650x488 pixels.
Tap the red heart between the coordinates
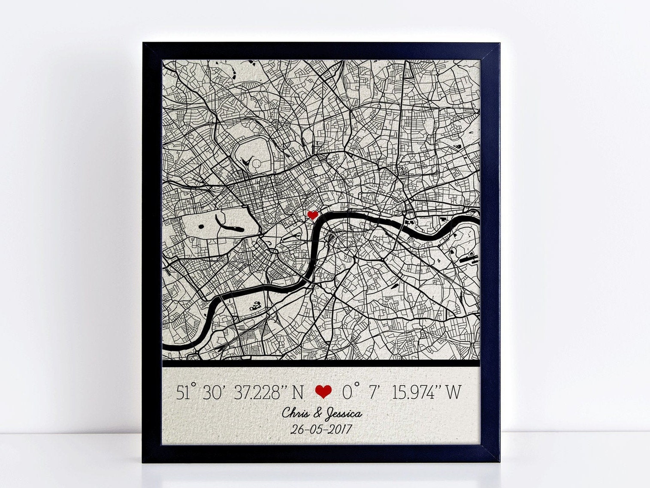pos(323,391)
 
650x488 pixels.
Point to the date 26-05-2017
pos(321,429)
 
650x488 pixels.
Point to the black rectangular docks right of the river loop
pos(467,259)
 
